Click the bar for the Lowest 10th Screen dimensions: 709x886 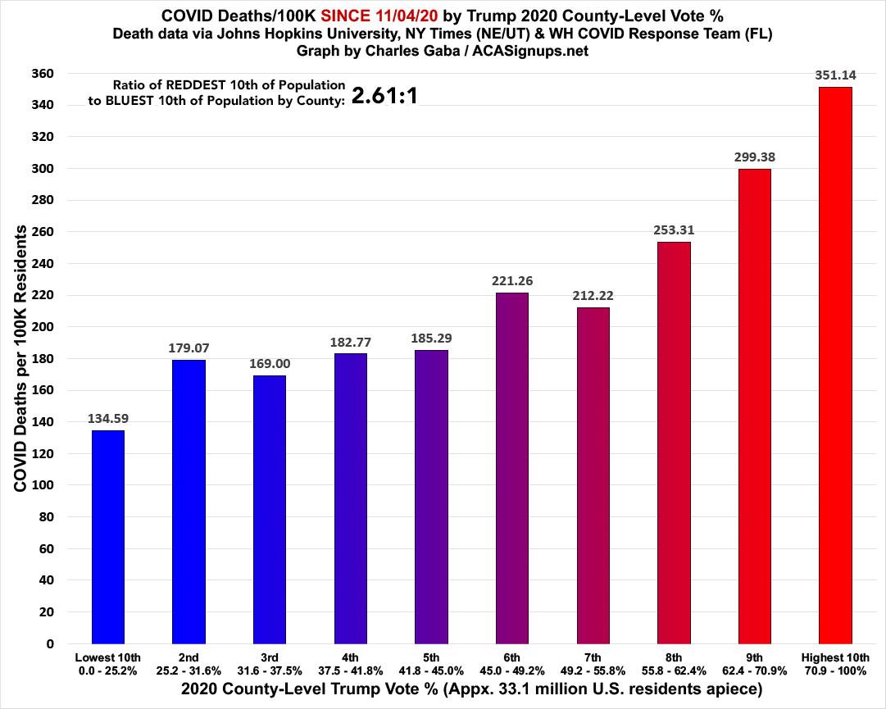108,537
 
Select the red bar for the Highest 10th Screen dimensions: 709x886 835,366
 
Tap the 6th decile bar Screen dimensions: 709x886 512,468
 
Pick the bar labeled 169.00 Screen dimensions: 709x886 270,509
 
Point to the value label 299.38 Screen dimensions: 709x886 755,157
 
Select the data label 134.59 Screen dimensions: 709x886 108,419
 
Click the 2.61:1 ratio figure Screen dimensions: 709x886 385,96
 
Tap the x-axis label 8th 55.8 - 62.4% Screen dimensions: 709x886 674,664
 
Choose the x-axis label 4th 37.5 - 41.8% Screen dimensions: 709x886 351,664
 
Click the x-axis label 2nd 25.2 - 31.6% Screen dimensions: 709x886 189,664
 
